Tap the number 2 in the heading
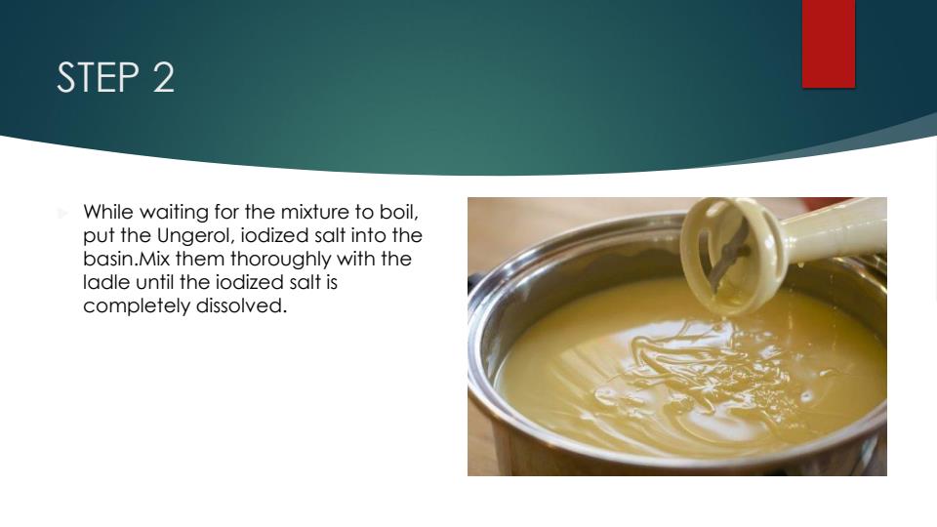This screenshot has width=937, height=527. [x=163, y=78]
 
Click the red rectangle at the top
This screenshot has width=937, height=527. [x=829, y=43]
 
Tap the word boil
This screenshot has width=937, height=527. [x=402, y=212]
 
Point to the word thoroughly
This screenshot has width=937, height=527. [x=284, y=261]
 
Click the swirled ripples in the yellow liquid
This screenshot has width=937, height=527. [x=683, y=371]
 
